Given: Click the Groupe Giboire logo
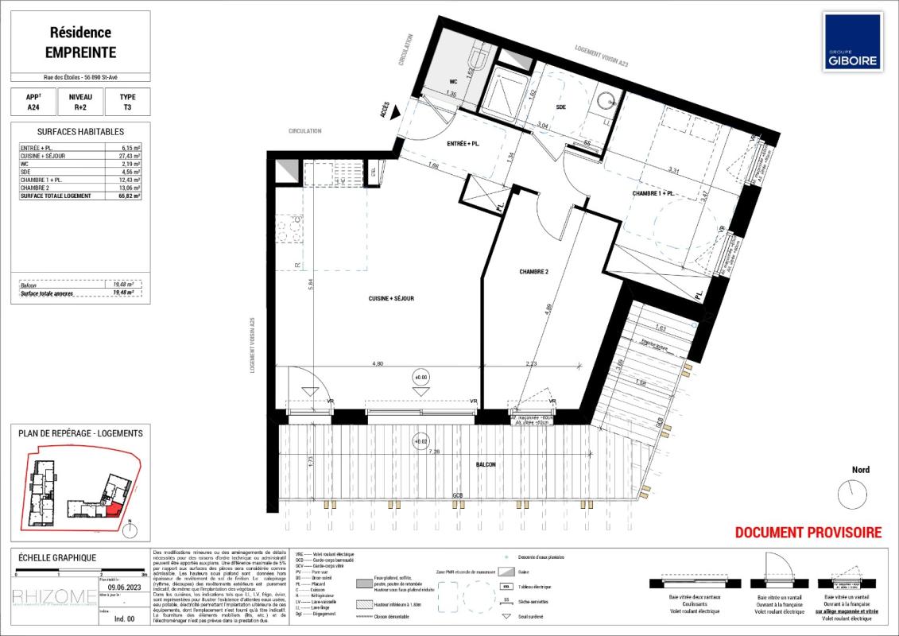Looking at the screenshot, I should point(852,41).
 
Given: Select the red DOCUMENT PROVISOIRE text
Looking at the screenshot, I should point(808,533).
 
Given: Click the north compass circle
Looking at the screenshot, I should point(854,495).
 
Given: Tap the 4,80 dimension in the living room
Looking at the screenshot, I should point(378,363).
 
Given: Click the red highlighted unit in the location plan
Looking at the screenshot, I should point(114,507).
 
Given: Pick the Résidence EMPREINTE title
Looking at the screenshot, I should point(80,43).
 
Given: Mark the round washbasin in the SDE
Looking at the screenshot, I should point(606,101).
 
